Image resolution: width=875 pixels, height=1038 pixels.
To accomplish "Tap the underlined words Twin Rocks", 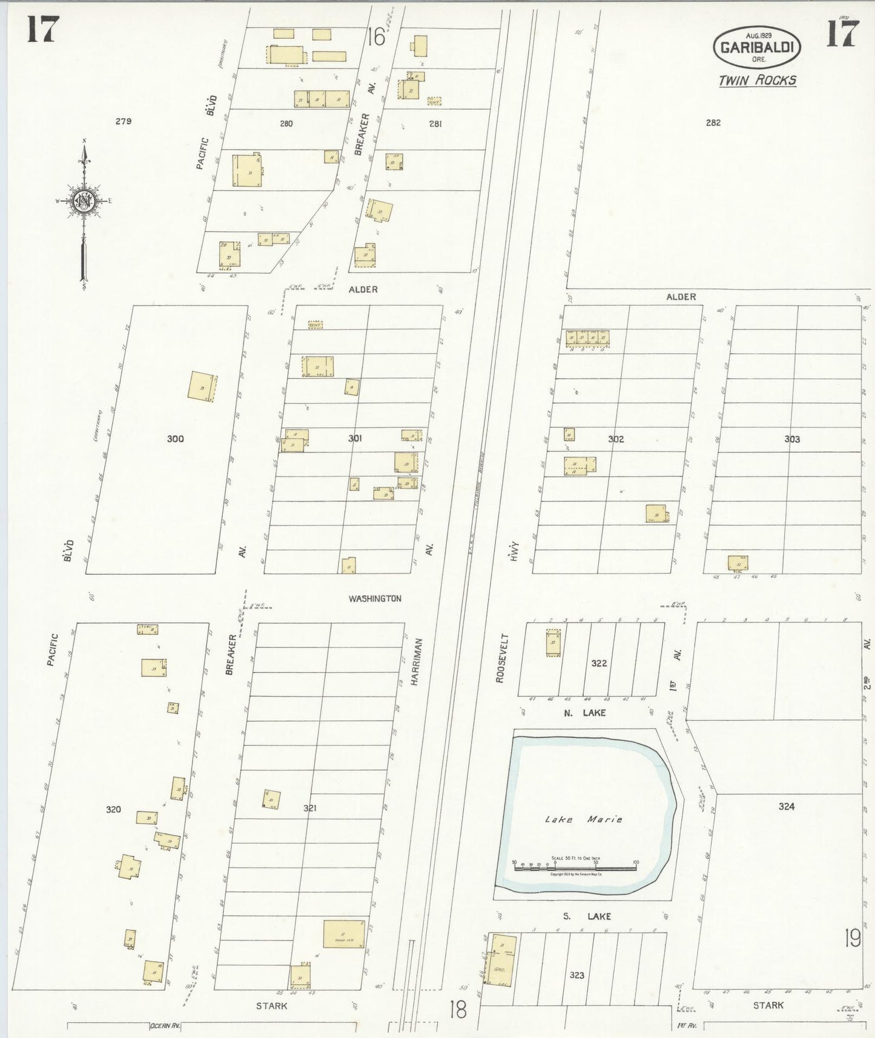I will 757,81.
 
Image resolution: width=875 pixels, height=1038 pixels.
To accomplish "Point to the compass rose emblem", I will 83,201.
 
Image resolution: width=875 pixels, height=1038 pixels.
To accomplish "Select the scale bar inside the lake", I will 575,866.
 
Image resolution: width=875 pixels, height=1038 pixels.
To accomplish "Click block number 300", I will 176,438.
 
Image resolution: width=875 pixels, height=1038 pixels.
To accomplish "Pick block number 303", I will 791,439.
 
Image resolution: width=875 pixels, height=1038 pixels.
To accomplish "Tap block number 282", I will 713,122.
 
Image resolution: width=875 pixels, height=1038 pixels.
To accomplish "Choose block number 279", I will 124,121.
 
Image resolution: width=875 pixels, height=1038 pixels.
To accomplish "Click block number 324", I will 787,806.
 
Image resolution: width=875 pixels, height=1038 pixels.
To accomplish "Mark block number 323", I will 577,974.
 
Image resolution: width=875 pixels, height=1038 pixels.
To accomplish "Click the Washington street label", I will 375,598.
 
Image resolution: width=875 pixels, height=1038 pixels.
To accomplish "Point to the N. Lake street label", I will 584,713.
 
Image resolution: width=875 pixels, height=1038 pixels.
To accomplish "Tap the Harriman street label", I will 415,662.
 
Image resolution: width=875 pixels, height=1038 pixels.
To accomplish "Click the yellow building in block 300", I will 202,386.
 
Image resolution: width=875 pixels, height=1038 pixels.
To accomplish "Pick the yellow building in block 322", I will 553,642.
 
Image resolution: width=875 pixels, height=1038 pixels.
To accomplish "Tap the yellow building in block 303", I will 738,563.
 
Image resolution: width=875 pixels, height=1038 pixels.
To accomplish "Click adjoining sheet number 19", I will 853,939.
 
